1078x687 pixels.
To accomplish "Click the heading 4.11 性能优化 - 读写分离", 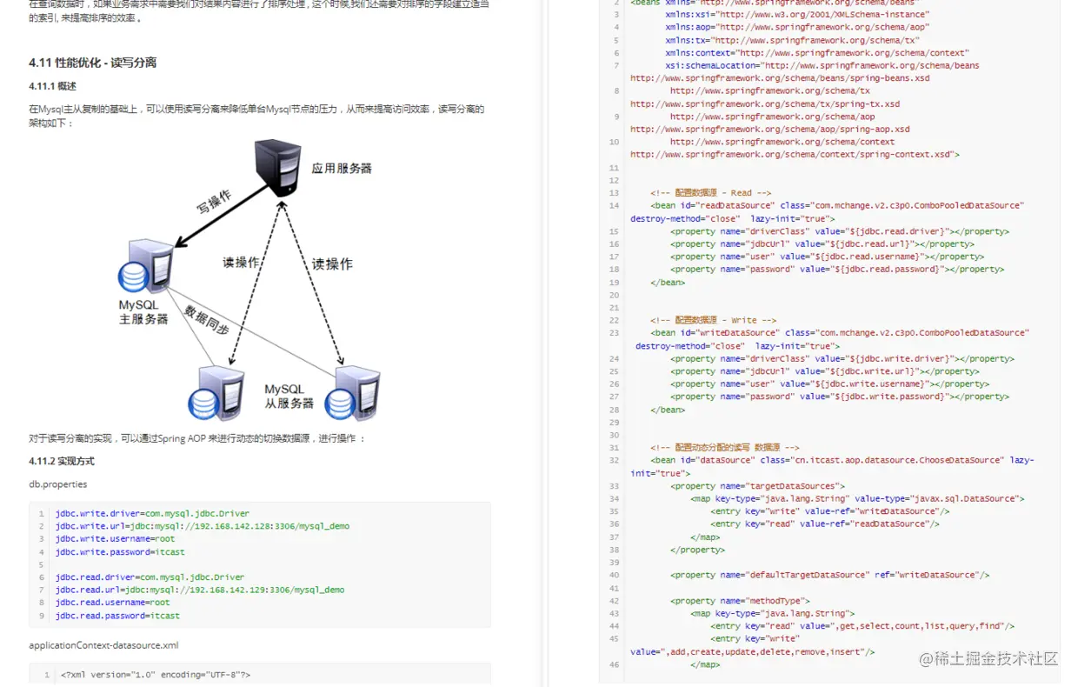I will [x=92, y=63].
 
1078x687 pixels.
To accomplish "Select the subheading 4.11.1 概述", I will [x=52, y=86].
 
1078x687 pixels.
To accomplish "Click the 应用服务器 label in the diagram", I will [x=342, y=168].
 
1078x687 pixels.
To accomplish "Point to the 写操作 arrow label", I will [x=214, y=202].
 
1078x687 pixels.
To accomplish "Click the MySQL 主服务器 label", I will [x=143, y=312].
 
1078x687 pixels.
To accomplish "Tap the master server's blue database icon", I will [x=133, y=277].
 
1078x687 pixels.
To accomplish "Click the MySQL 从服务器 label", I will [x=289, y=397].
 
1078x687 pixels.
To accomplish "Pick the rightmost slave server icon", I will [x=353, y=393].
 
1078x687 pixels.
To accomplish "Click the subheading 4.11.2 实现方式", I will [x=62, y=461].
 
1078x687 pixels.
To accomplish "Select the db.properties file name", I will [x=58, y=484].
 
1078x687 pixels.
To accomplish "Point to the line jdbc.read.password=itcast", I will [x=117, y=616].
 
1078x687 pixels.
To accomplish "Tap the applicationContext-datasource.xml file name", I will [x=103, y=645].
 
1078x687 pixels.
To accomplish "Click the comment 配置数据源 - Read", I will [x=710, y=193].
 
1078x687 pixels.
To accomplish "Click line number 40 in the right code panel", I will [x=614, y=575].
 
